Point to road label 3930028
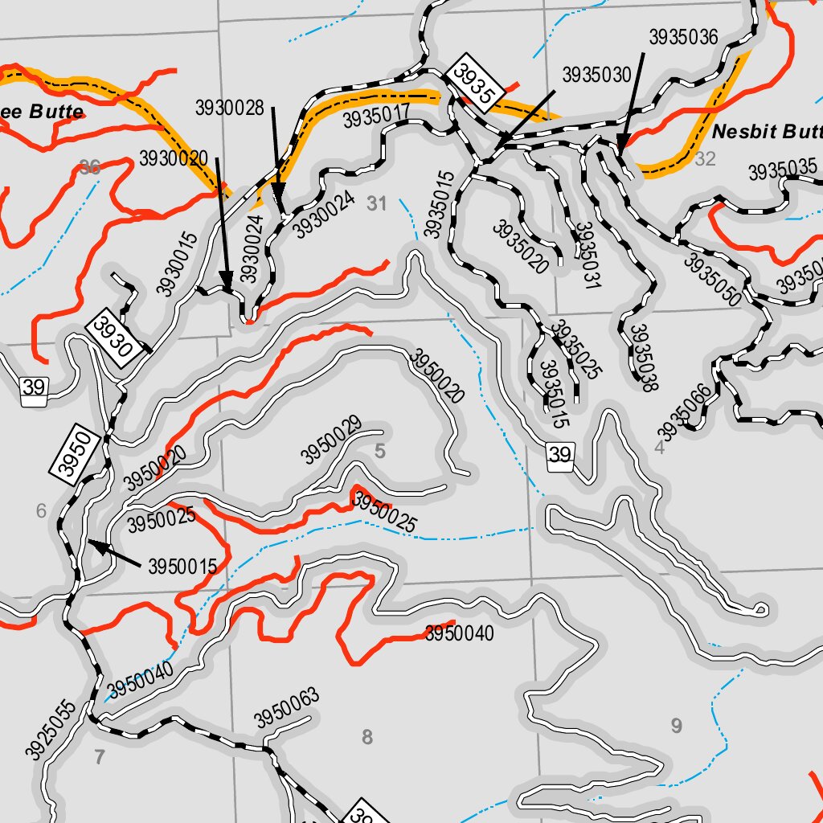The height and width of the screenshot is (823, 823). click(230, 108)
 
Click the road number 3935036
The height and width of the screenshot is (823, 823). click(683, 37)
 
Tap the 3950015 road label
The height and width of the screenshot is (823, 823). click(182, 567)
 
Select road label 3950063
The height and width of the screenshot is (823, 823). click(287, 707)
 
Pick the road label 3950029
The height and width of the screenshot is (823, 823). click(331, 440)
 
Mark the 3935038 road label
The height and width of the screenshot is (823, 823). click(640, 358)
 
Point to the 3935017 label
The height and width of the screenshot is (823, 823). click(377, 117)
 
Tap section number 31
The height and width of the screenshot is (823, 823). click(377, 204)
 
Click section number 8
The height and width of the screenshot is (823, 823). click(367, 736)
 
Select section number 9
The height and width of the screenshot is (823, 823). click(676, 727)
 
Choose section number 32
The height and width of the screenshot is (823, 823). click(705, 159)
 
